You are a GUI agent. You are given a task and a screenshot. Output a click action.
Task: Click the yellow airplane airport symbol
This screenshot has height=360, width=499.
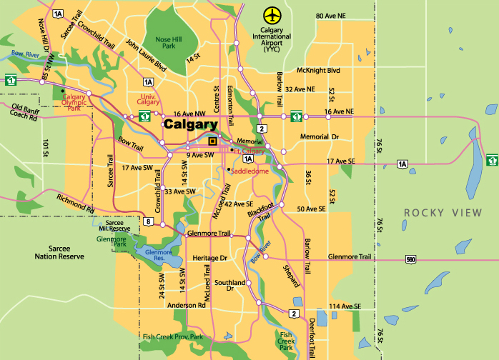[x=272, y=15]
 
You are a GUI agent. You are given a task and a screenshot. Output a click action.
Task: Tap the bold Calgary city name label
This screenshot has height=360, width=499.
[x=190, y=124]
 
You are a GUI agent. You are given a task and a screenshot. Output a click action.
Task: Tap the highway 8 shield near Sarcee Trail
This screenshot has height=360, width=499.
[x=148, y=222]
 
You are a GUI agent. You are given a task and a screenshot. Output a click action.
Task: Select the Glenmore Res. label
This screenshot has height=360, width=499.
[x=159, y=253]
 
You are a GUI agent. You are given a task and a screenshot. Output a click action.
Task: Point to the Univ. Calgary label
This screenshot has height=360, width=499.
[x=148, y=99]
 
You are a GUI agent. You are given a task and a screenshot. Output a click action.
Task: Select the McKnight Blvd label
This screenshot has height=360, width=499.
[x=317, y=71]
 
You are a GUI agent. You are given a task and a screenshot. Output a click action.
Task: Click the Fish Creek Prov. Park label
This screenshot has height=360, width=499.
[x=173, y=337]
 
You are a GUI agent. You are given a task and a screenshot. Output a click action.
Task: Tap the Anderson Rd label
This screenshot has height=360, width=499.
[x=187, y=305]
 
